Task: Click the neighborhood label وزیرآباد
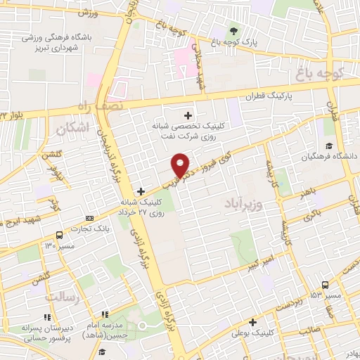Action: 246,204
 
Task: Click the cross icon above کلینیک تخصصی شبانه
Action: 188,115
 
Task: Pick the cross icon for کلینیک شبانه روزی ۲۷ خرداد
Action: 141,191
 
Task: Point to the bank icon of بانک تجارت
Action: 89,218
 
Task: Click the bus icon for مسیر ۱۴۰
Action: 58,236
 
